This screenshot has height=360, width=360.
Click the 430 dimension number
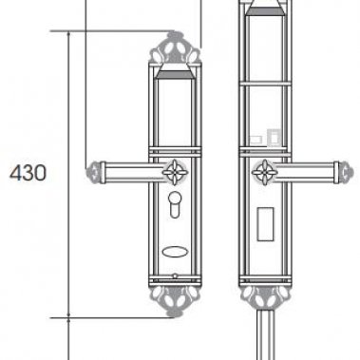(x=28, y=173)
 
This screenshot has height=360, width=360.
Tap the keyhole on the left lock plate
(x=175, y=204)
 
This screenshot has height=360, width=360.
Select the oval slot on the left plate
(x=175, y=252)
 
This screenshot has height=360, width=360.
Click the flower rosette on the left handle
(x=175, y=172)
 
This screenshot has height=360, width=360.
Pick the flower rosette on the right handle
(x=265, y=172)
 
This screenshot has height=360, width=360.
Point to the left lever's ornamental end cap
(x=93, y=173)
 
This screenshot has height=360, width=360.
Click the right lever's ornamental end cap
(x=346, y=173)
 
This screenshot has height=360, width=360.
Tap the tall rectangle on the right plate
(x=265, y=224)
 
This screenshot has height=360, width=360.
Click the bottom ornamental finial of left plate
(x=175, y=301)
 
